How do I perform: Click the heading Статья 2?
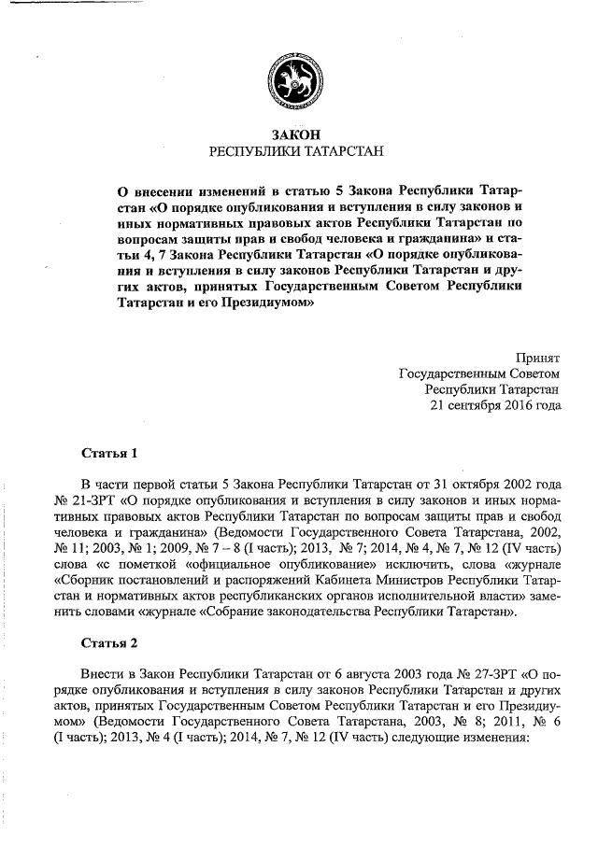(109, 643)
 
